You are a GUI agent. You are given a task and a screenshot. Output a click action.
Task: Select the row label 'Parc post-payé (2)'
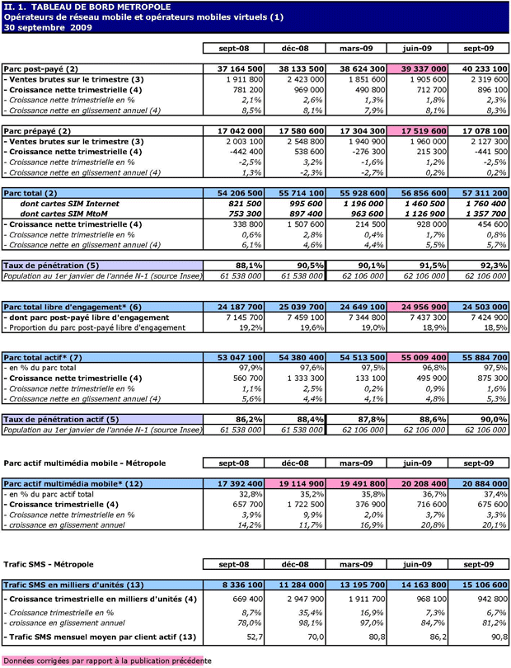click(41, 68)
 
